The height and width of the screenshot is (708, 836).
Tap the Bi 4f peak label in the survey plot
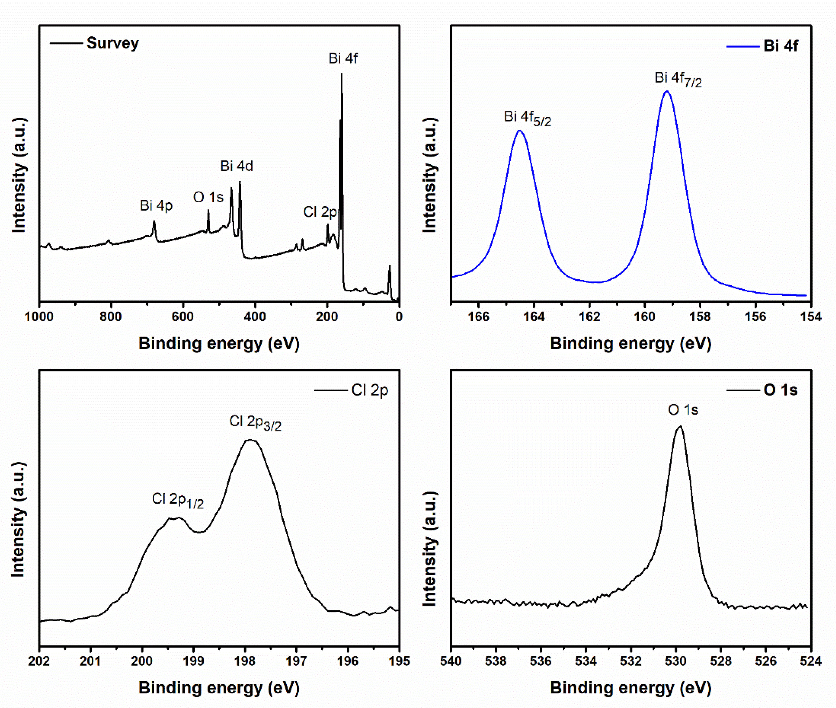343,59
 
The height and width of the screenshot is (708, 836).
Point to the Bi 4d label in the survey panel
236,166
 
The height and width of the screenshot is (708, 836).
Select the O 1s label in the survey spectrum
208,198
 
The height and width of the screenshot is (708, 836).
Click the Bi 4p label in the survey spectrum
156,206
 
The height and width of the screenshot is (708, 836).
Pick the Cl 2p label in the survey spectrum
320,212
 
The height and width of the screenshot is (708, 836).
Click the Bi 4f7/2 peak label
678,79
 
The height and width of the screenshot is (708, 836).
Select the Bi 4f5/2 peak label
527,118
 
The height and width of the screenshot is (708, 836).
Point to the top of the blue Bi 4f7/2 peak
667,91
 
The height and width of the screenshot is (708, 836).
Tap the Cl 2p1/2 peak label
177,500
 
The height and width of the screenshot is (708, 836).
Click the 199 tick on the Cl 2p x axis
194,661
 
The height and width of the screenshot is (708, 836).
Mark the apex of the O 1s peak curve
680,427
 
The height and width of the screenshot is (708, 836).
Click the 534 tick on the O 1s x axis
586,661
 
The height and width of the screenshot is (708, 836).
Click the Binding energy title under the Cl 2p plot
219,688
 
